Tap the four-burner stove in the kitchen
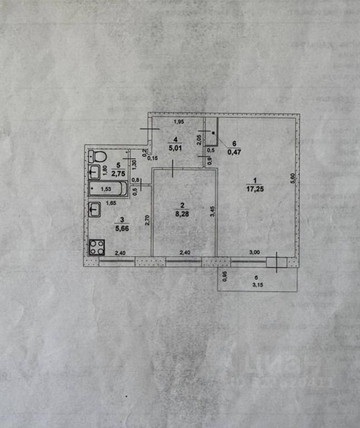(x=97, y=247)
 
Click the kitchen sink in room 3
(x=94, y=210)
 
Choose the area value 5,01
(x=175, y=148)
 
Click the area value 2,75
(x=117, y=173)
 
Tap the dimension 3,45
(x=212, y=212)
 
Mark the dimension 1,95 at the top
(x=178, y=122)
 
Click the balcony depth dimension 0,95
(x=224, y=276)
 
